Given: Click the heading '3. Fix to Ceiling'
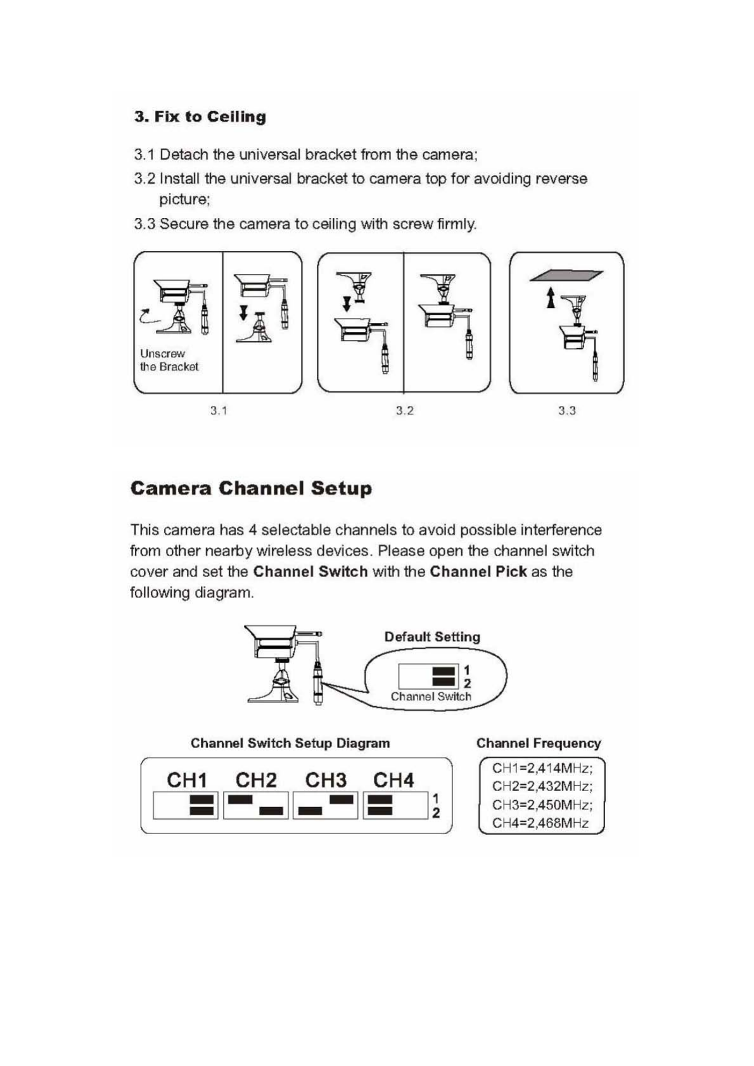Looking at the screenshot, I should (x=200, y=117).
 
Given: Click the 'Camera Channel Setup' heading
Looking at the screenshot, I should (x=251, y=488).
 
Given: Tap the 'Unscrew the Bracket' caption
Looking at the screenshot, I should (x=169, y=360).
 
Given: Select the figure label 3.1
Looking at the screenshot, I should (x=219, y=410).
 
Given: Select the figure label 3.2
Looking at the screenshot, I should (x=405, y=410).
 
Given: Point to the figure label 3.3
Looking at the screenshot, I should (x=567, y=410).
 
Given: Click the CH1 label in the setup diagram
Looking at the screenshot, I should (x=187, y=780).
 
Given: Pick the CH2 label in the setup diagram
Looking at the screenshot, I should (x=256, y=780).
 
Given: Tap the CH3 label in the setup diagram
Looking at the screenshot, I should (x=326, y=780).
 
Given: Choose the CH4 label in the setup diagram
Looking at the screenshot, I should (x=393, y=780).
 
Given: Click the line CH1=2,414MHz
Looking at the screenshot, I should (x=542, y=768).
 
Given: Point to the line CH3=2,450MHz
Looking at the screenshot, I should (x=542, y=805).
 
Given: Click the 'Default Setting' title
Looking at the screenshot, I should (x=432, y=637).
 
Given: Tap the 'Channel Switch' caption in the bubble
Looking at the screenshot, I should (x=431, y=696).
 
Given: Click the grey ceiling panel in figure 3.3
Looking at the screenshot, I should (x=566, y=275).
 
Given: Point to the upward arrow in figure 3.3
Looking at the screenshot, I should (x=551, y=297).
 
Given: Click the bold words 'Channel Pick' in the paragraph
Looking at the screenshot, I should (x=478, y=571).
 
